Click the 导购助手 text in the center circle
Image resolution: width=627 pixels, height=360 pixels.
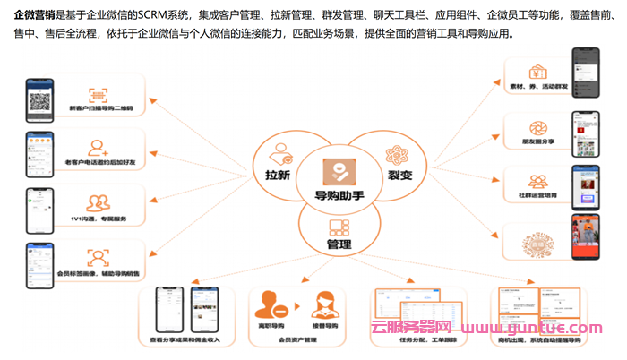tap(338, 197)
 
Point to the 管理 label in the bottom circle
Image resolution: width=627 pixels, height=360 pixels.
tap(339, 244)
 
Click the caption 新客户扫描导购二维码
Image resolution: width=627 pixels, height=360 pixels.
tap(100, 109)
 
